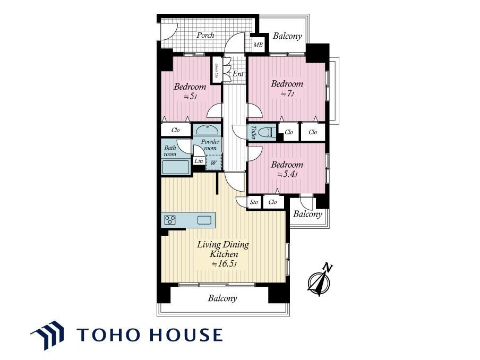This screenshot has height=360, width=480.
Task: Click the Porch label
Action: (x=205, y=35)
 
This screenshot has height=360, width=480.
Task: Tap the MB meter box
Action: (x=258, y=45)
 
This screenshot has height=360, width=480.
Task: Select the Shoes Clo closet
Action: (x=217, y=70)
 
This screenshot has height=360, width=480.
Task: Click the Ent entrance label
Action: (x=238, y=74)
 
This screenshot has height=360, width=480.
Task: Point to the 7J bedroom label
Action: (x=287, y=89)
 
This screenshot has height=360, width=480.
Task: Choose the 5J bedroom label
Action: (x=190, y=91)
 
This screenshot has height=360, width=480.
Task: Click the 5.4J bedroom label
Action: (x=287, y=169)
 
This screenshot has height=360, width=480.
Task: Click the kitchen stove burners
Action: (x=170, y=220)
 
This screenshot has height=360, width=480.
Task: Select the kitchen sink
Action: (x=204, y=220)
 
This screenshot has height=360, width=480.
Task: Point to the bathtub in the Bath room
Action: (x=176, y=167)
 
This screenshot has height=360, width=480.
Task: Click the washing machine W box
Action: (x=213, y=162)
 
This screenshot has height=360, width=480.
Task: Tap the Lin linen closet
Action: (x=199, y=161)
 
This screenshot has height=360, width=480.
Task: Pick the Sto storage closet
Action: (x=254, y=202)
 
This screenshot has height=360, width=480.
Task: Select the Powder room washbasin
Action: (x=207, y=130)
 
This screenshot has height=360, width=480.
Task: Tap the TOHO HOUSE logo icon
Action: (x=47, y=335)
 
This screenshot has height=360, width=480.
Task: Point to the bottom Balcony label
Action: (x=222, y=298)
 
